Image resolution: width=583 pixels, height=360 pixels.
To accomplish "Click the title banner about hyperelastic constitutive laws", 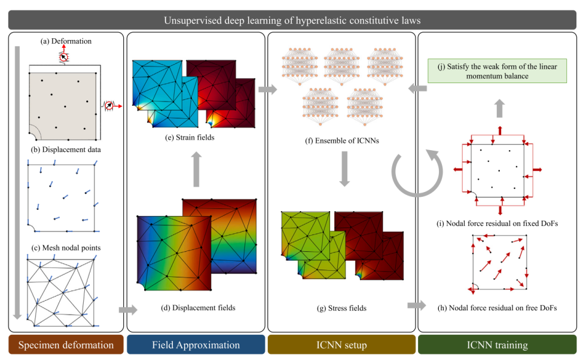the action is (x=292, y=20).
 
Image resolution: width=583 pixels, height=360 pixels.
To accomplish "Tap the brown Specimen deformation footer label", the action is (x=66, y=345).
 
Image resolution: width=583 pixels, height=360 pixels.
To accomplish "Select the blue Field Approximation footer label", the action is (x=196, y=345).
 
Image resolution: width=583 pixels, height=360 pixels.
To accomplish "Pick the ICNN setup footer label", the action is (x=341, y=345).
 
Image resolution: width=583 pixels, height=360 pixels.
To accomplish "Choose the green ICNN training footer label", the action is (x=497, y=345).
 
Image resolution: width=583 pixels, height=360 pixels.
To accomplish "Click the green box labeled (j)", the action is (x=497, y=71).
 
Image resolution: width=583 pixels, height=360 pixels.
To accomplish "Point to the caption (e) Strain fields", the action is (x=190, y=137).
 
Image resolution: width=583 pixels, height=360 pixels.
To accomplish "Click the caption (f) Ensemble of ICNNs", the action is (x=341, y=141).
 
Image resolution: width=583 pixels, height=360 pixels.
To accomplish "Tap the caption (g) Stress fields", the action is (x=341, y=308).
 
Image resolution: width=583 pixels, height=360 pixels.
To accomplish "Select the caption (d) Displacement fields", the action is (x=198, y=307).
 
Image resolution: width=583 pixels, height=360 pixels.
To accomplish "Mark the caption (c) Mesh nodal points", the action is (x=66, y=248).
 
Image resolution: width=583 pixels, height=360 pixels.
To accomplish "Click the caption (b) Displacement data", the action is (x=66, y=150).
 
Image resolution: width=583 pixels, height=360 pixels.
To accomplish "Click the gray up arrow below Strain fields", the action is (x=196, y=169).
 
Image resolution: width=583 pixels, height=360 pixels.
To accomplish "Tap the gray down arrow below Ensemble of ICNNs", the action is (x=344, y=169).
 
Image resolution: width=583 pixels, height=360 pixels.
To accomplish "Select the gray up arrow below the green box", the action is (x=500, y=108).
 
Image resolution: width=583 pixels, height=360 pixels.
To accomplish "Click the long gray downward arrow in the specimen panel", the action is (x=17, y=182).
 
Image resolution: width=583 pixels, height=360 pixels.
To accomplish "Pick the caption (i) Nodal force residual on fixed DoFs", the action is (x=497, y=224).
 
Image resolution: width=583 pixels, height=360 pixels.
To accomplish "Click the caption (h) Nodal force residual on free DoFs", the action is (x=497, y=308).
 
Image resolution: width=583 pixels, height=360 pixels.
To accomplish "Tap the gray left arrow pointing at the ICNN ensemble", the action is (x=417, y=89).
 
